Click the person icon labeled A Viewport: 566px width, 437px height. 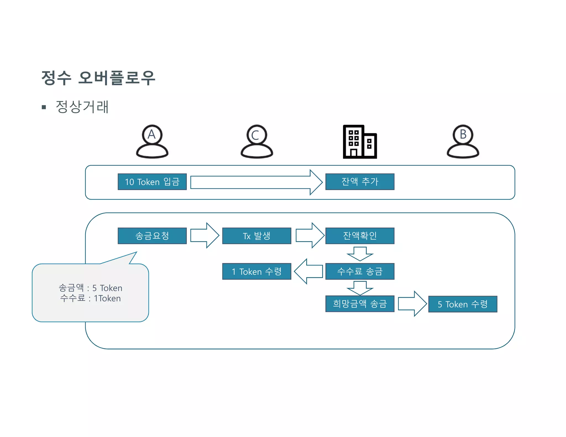click(152, 141)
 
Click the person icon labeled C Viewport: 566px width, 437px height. click(257, 141)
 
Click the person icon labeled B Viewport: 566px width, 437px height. click(463, 141)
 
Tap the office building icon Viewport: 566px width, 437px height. click(360, 142)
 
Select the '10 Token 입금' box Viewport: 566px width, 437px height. click(152, 182)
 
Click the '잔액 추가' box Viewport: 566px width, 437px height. click(360, 182)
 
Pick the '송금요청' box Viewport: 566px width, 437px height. click(152, 236)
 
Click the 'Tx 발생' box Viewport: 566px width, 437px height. click(256, 236)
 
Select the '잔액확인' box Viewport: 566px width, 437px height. click(360, 236)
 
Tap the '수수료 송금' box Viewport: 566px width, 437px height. click(360, 271)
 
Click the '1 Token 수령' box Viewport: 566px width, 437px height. click(256, 271)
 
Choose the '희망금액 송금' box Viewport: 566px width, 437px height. click(360, 304)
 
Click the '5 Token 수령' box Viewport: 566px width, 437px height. click(463, 304)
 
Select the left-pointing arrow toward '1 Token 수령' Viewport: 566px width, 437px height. click(308, 271)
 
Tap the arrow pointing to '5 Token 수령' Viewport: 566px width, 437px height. click(412, 304)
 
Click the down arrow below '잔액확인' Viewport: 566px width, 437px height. click(360, 254)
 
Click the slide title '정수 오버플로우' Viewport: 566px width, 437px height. click(98, 78)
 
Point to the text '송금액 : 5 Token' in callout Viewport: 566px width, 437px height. click(90, 288)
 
